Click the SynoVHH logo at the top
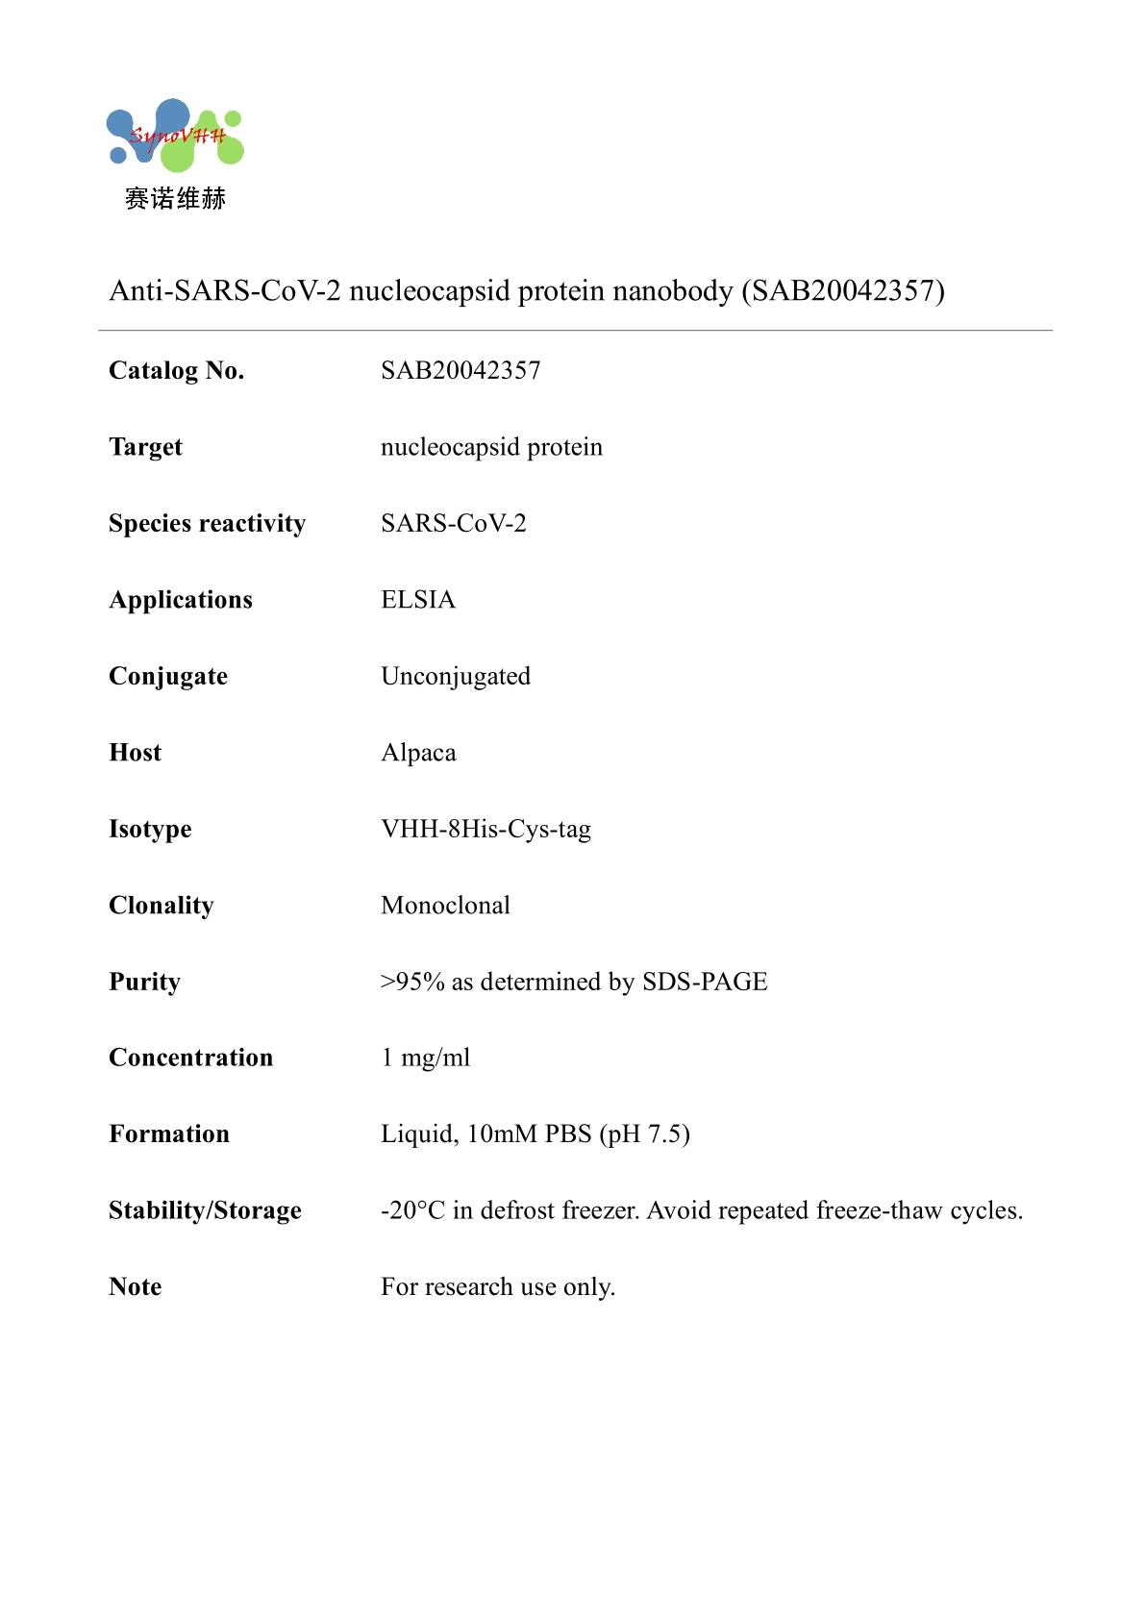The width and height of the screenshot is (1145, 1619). point(175,136)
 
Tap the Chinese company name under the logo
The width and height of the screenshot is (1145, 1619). point(175,199)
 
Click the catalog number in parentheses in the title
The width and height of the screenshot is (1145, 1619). point(843,290)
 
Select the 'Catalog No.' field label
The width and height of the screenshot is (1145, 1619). point(177,371)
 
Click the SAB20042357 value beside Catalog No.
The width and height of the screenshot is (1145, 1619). point(460,371)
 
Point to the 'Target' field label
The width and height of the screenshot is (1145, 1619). point(145,447)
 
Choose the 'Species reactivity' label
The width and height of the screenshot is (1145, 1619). point(207,524)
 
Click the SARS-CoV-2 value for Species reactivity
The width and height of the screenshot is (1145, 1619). point(453,524)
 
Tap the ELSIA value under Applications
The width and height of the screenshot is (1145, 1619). point(418,600)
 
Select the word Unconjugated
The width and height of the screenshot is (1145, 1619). point(456,677)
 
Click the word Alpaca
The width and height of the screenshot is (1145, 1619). point(418,753)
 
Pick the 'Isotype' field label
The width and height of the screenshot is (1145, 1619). point(150,829)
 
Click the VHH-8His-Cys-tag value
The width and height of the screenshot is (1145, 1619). point(485,829)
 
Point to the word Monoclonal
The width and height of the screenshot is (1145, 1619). point(445,906)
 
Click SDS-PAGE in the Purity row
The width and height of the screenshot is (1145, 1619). point(705,982)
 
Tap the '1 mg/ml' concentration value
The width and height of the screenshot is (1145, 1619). point(426,1058)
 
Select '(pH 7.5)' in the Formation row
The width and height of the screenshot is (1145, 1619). point(644,1134)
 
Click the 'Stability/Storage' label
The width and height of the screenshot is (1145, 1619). point(205,1210)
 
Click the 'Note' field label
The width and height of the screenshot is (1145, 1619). point(136,1287)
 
